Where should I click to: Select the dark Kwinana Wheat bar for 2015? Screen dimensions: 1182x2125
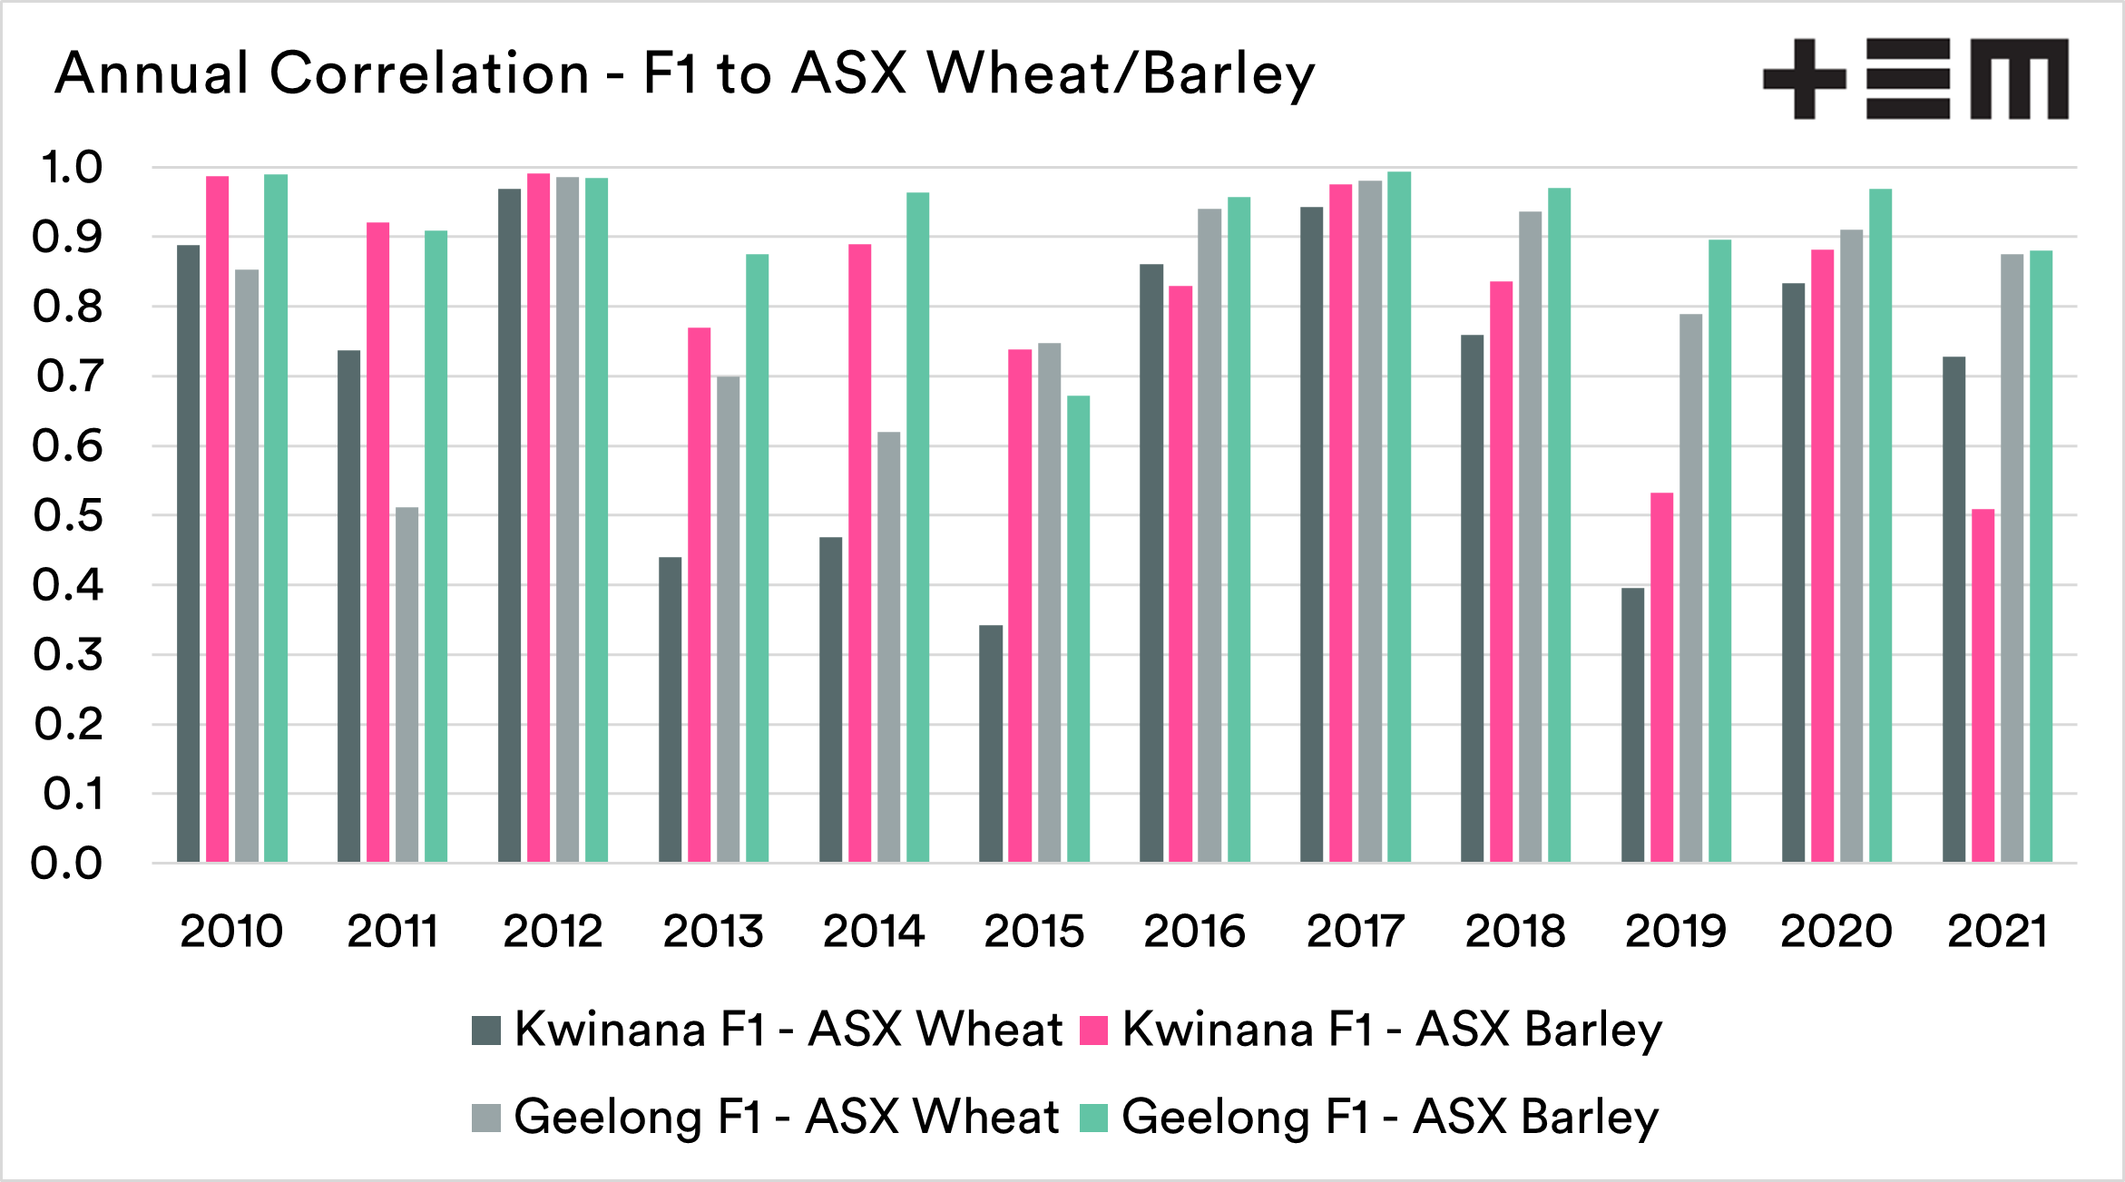(991, 743)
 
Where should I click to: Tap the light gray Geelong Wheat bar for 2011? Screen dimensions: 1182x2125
(406, 684)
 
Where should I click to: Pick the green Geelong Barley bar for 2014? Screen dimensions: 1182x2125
(917, 526)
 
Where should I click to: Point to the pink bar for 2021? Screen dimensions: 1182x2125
(1983, 685)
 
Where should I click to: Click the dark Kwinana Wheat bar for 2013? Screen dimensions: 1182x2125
(670, 708)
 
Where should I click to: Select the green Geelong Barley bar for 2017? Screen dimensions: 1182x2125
(1398, 516)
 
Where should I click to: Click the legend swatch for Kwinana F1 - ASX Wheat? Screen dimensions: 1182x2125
(486, 1031)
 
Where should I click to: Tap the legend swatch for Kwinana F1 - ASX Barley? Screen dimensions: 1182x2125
(1094, 1031)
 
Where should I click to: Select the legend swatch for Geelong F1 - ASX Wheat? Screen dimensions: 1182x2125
(486, 1118)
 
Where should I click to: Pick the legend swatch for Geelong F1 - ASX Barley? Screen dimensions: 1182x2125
(1094, 1118)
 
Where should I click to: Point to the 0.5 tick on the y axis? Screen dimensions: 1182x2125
(68, 515)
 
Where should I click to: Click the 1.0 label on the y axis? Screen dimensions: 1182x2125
(71, 168)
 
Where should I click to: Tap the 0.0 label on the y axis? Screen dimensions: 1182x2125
(66, 864)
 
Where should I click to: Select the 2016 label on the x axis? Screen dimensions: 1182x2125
(1194, 932)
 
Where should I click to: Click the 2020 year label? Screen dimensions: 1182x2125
(1836, 932)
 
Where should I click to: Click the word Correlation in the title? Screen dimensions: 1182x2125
(429, 73)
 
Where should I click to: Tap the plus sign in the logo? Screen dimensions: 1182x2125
(1804, 79)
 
